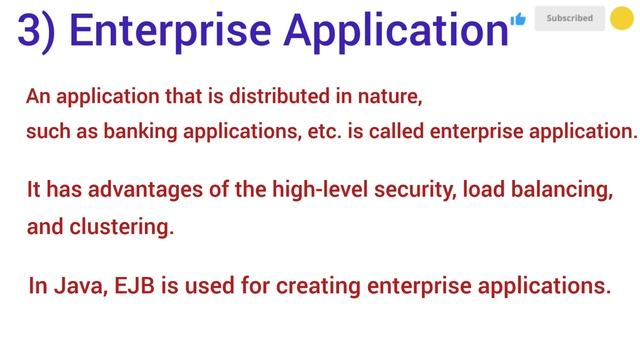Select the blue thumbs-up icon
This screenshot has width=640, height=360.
(x=517, y=19)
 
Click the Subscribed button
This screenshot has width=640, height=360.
(x=569, y=18)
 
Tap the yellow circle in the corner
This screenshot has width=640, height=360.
(x=621, y=18)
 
